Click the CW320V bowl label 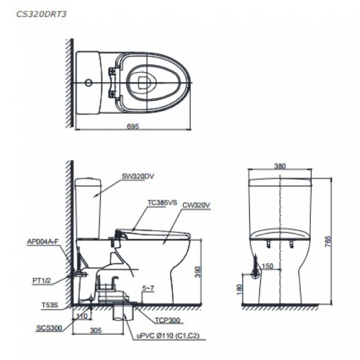point(196,205)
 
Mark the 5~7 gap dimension point(148,289)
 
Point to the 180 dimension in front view point(239,290)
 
